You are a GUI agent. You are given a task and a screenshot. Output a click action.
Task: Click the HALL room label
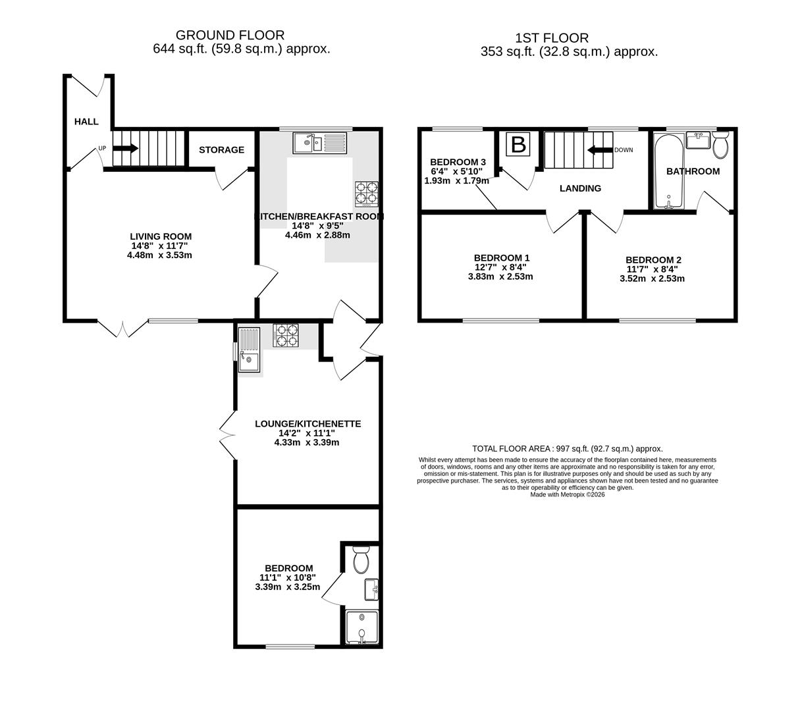click(x=86, y=122)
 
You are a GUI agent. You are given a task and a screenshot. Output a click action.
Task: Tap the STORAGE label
click(x=221, y=150)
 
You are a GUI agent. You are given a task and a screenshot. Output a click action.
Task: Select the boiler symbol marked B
click(x=518, y=144)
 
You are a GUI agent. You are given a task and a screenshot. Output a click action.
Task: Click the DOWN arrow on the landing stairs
click(x=600, y=150)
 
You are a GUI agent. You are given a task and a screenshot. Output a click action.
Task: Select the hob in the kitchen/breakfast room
click(x=366, y=194)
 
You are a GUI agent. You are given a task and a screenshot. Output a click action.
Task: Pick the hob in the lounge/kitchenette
click(x=286, y=336)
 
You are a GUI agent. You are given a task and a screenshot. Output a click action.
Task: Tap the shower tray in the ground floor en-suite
click(x=362, y=627)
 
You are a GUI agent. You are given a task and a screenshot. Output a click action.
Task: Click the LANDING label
click(x=580, y=188)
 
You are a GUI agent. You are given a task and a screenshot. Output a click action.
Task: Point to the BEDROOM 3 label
click(x=458, y=162)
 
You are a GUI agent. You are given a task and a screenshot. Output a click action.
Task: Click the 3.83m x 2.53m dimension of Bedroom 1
click(x=500, y=276)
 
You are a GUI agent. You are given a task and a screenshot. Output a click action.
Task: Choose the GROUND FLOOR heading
click(x=230, y=35)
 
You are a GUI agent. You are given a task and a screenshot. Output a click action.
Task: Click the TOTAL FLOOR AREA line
click(x=568, y=448)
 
